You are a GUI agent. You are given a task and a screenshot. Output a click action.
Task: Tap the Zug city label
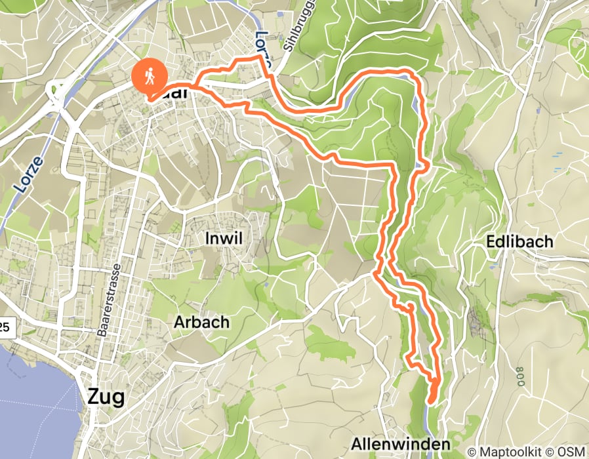click(105, 396)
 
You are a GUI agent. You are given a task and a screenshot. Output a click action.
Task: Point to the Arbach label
click(201, 322)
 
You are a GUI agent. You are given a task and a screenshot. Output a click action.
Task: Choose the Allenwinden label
click(400, 445)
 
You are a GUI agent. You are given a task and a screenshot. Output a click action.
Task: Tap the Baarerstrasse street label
click(108, 301)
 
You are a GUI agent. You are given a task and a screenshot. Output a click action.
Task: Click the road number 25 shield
click(6, 326)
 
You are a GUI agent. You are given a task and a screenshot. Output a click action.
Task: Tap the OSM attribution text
click(571, 451)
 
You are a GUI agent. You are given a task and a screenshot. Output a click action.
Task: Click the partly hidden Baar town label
click(172, 94)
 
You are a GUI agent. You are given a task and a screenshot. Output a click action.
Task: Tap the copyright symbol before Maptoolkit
click(472, 451)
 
